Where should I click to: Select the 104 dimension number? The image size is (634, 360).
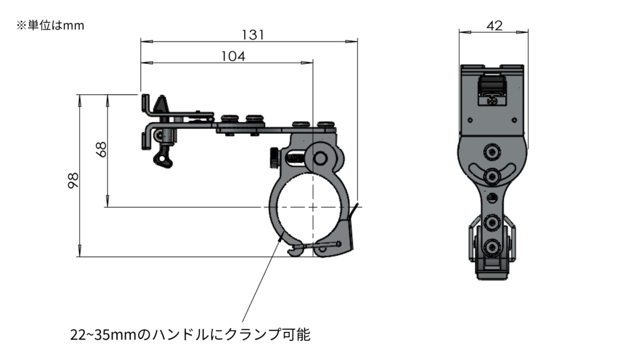click(x=233, y=56)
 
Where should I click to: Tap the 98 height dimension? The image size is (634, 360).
click(x=72, y=180)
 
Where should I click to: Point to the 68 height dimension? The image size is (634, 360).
click(x=102, y=149)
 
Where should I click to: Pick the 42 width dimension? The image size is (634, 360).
click(x=494, y=25)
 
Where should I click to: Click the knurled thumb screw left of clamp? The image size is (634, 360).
click(x=274, y=158)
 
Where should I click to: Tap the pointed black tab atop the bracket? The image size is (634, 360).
click(x=162, y=105)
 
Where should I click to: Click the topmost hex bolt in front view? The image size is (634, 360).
click(x=492, y=151)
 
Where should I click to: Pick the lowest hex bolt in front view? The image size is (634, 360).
click(x=493, y=247)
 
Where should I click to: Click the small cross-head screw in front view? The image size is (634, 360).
click(x=493, y=99)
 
